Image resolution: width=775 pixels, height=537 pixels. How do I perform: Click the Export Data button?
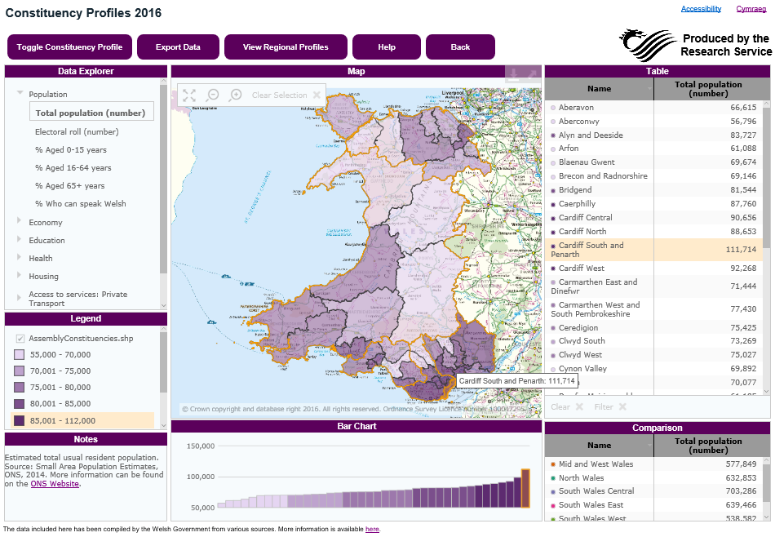coord(178,47)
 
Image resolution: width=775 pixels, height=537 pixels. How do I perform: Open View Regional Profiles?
coord(286,47)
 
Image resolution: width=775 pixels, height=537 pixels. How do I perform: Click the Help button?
coord(387,47)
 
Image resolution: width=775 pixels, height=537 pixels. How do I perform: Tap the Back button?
coord(460,47)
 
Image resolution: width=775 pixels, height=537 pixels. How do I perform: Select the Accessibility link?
coord(701,9)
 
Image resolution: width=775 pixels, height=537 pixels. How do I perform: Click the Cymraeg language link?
coord(751,9)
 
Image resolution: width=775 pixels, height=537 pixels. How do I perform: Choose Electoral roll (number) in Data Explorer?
coord(77,131)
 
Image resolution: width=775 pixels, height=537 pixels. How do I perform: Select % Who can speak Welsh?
coord(80,203)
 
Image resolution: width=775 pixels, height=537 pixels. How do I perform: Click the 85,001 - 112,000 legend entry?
coord(62,421)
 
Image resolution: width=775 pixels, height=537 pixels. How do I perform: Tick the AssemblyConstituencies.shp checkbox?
coord(20,338)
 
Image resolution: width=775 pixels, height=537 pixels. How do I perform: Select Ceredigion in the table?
coord(578,328)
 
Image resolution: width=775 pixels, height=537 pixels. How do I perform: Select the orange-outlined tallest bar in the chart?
coord(526,488)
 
